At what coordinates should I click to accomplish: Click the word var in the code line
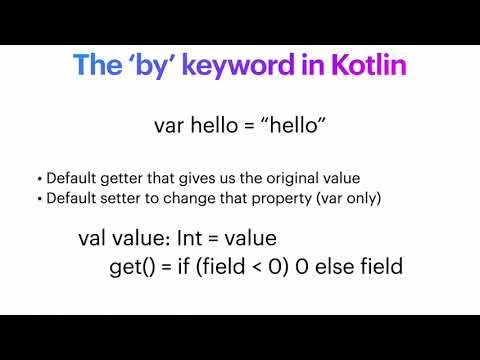tap(170, 126)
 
